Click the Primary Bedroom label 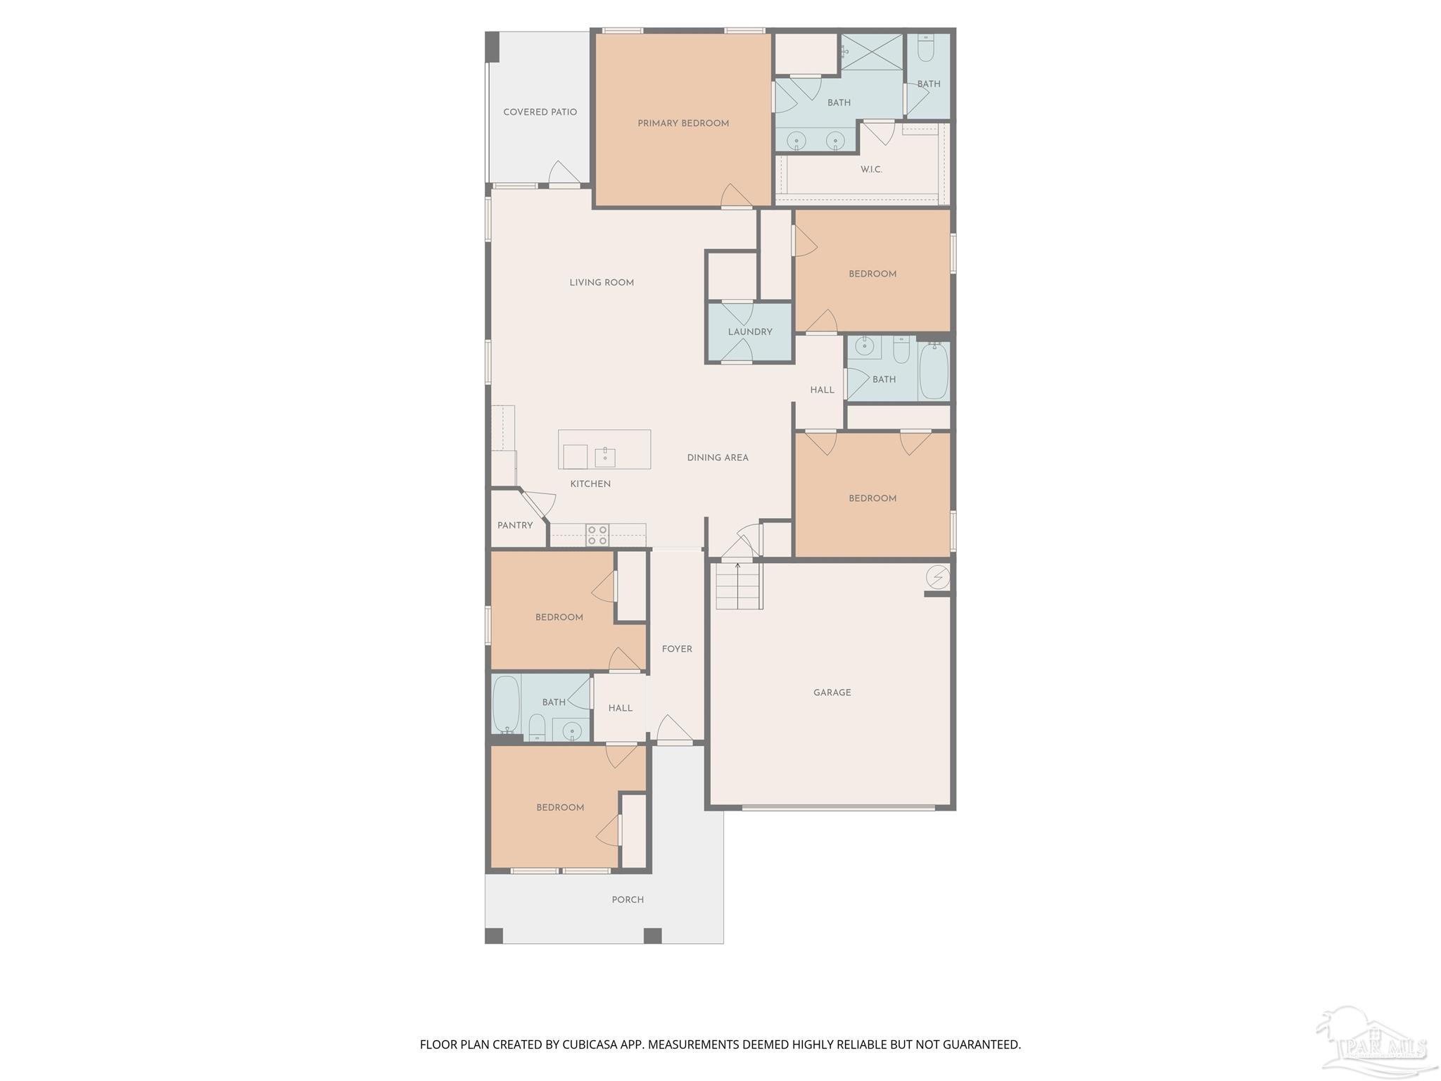[683, 123]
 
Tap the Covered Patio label [540, 112]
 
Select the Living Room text [602, 283]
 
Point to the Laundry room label [750, 332]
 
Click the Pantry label [515, 526]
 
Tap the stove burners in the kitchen [597, 535]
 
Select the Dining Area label [718, 457]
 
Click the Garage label [832, 693]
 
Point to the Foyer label [677, 649]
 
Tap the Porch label [628, 899]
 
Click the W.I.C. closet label [871, 170]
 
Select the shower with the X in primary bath [872, 51]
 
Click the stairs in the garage [739, 586]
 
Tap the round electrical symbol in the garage [937, 578]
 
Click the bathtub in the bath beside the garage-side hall [934, 370]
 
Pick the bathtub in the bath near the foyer [505, 704]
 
